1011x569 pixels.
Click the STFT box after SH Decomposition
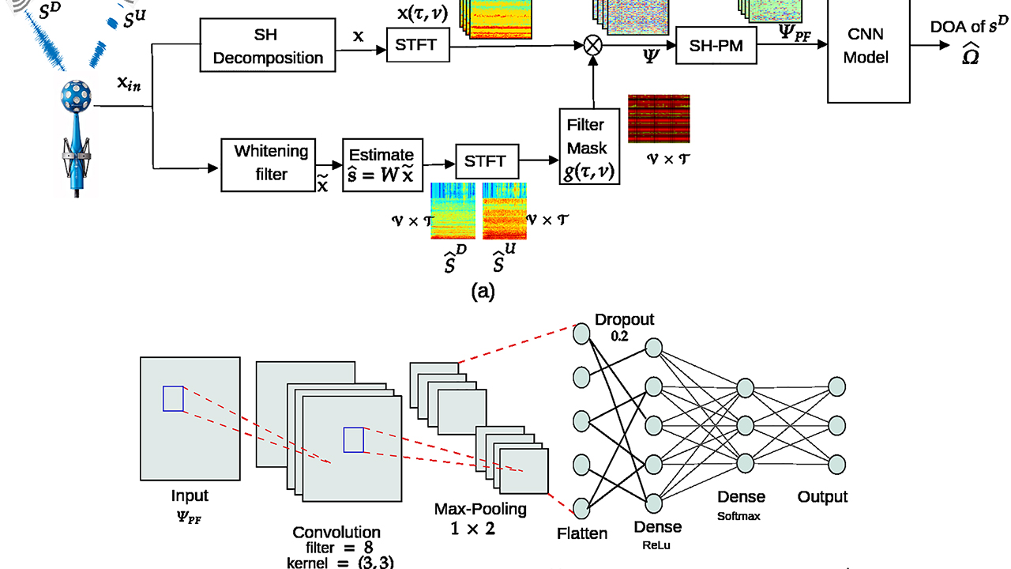tap(417, 45)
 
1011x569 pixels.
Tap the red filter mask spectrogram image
tap(659, 119)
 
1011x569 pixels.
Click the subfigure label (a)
tap(483, 292)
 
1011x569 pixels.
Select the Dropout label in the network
tap(625, 320)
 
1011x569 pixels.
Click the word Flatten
tap(581, 533)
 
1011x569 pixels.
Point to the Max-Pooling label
tap(480, 510)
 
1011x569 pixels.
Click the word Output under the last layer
tap(821, 496)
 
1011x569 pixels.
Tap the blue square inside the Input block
tap(173, 398)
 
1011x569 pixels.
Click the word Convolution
tap(336, 532)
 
